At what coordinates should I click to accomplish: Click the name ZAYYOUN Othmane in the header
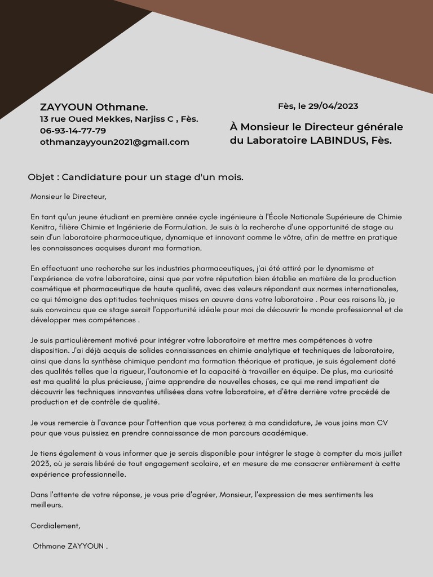point(94,107)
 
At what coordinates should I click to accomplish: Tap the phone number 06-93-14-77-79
point(73,131)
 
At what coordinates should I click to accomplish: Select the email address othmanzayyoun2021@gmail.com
point(114,142)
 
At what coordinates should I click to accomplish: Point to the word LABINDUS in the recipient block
point(338,140)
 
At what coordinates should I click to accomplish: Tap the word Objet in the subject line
point(41,177)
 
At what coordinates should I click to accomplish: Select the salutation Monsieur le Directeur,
point(68,197)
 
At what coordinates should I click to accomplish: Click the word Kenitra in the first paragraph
point(43,227)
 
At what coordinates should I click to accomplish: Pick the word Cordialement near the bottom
point(55,526)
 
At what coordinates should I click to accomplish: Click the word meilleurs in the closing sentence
point(46,505)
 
